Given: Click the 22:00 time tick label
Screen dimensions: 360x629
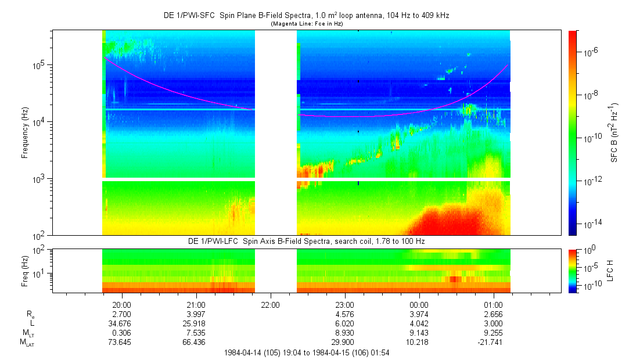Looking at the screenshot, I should pos(270,304).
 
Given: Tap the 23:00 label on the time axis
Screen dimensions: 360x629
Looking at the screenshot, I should pos(344,304).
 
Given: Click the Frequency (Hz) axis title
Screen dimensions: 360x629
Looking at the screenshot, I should pos(25,133).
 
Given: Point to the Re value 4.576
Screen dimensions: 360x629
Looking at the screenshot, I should pos(344,314).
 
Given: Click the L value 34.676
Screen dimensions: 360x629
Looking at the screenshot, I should pos(121,323).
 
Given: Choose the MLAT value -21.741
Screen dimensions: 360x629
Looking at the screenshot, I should pos(493,342).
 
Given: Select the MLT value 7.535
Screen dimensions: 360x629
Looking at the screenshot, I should pos(196,332).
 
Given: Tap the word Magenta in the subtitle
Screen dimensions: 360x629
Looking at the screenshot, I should pos(283,24).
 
